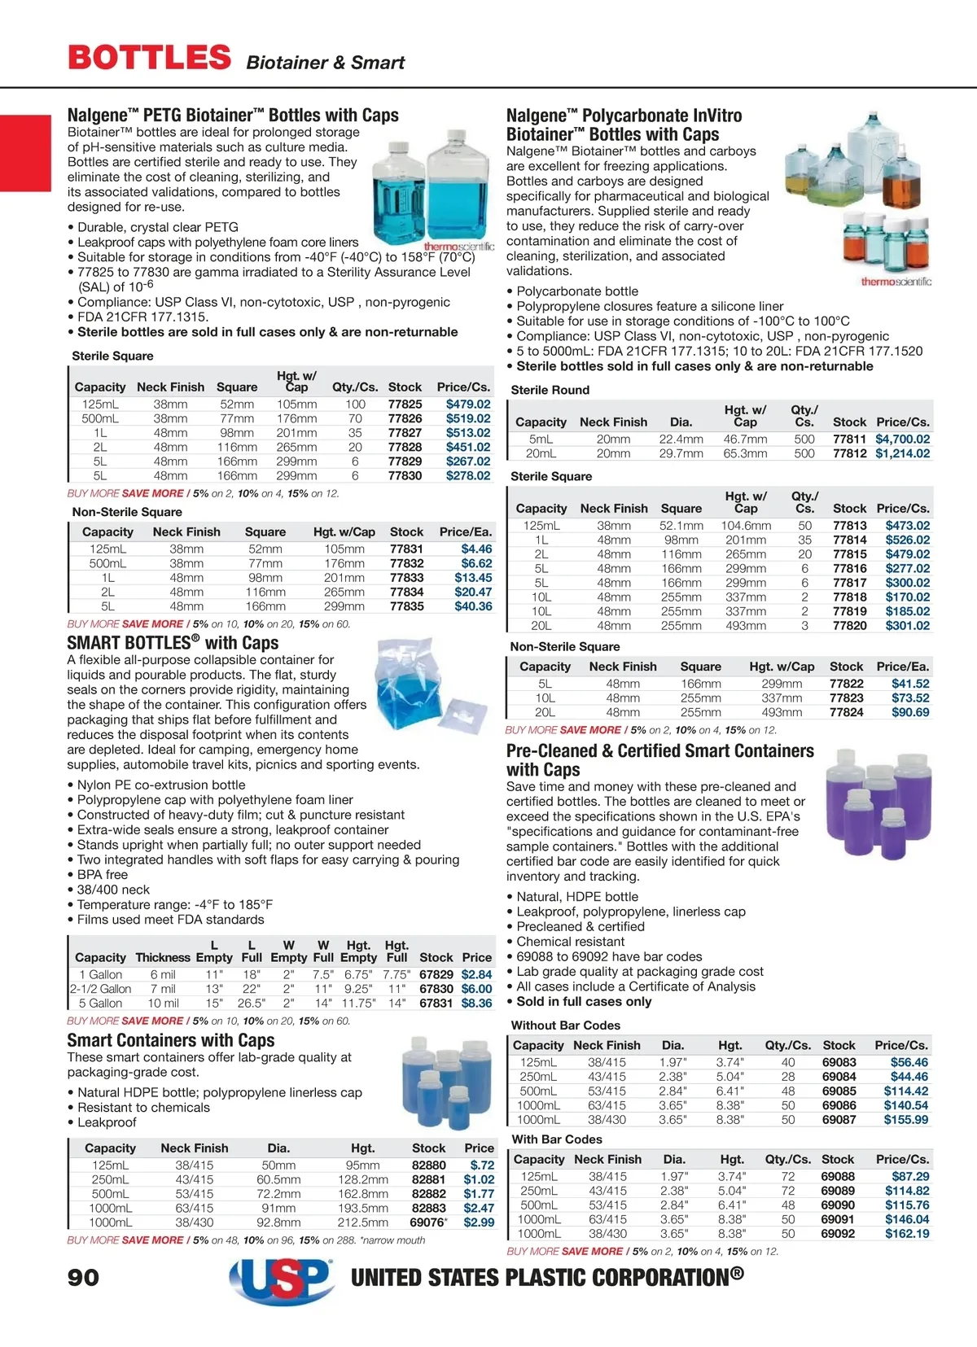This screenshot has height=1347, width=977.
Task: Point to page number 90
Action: coord(83,1277)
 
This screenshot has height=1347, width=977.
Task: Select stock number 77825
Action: coord(405,404)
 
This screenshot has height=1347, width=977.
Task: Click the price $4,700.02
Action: coord(902,439)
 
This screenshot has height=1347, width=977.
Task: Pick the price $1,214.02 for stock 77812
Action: coord(902,453)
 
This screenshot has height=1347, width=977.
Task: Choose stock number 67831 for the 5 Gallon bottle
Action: coord(436,1003)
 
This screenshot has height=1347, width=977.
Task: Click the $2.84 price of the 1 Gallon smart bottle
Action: coord(476,974)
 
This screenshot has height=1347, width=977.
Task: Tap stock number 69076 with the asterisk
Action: coord(427,1222)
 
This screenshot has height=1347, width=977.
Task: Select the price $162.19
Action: coord(906,1233)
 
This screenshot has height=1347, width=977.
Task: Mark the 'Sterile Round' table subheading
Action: coord(550,390)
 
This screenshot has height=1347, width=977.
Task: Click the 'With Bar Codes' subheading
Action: coord(557,1139)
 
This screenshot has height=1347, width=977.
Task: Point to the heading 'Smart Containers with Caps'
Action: coord(170,1040)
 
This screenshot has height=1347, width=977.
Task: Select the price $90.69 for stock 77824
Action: coord(909,712)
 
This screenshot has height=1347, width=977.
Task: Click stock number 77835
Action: coord(406,606)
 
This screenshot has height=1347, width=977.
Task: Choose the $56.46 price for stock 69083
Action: coord(909,1062)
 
